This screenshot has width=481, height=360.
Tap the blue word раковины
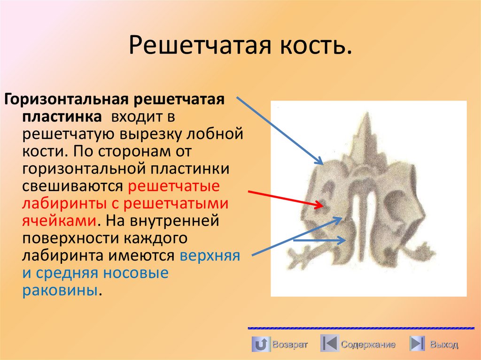click(60, 290)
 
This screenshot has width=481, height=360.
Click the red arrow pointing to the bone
click(284, 198)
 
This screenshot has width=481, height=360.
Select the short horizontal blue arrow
click(319, 240)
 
